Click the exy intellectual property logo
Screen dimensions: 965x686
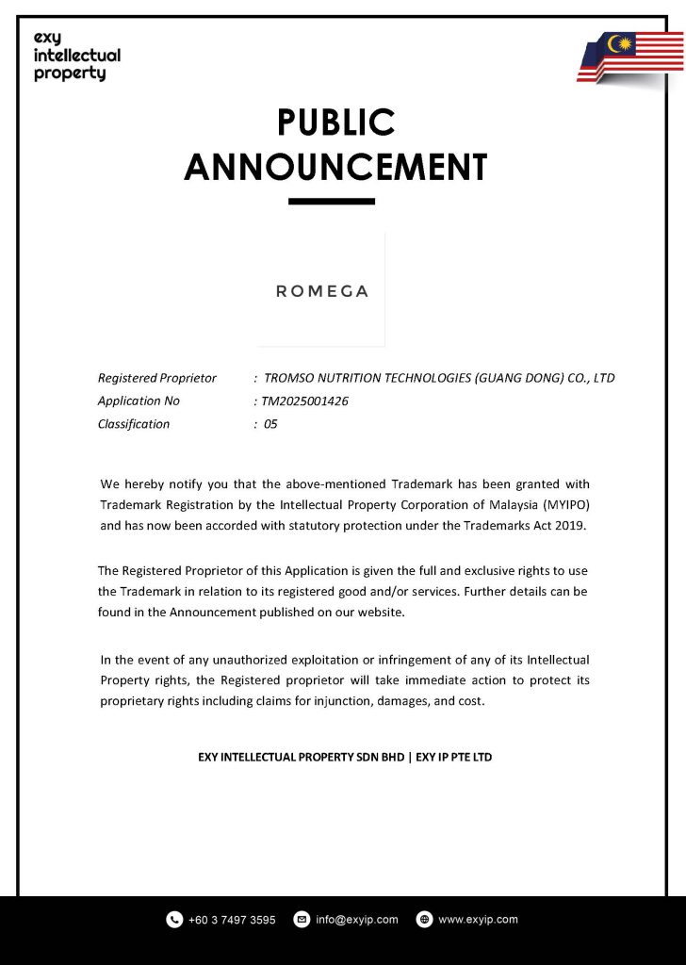pyautogui.click(x=76, y=56)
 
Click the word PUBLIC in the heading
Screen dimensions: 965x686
pyautogui.click(x=335, y=123)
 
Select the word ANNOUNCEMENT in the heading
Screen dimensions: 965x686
pyautogui.click(x=335, y=168)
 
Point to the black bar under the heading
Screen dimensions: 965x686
pyautogui.click(x=331, y=201)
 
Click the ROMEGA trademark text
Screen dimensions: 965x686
pyautogui.click(x=322, y=291)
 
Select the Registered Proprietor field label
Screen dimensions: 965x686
pyautogui.click(x=157, y=378)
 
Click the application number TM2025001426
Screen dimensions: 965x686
pyautogui.click(x=305, y=401)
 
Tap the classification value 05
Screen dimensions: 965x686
pyautogui.click(x=270, y=424)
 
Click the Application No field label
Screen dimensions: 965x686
pyautogui.click(x=139, y=401)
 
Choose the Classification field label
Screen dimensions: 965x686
pyautogui.click(x=134, y=424)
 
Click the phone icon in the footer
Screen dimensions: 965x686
pyautogui.click(x=174, y=920)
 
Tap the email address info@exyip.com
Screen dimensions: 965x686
pyautogui.click(x=357, y=920)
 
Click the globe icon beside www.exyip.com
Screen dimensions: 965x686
pyautogui.click(x=424, y=920)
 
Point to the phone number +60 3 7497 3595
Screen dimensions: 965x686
pyautogui.click(x=232, y=920)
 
